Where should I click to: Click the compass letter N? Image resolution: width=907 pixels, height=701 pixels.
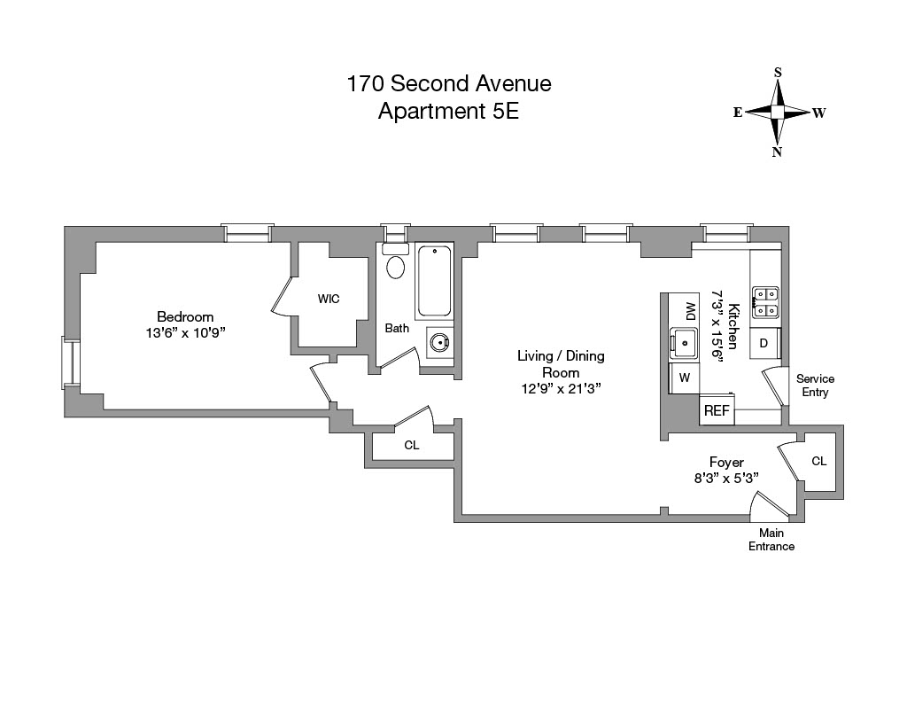tap(777, 152)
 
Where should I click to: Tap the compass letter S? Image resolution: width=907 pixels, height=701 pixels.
tap(778, 73)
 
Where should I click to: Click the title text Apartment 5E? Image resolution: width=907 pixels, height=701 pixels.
tap(448, 112)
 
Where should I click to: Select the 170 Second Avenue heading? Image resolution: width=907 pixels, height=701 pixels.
tap(448, 84)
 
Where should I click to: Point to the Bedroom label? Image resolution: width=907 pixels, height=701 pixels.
tap(185, 317)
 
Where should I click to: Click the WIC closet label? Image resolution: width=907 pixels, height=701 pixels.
tap(329, 299)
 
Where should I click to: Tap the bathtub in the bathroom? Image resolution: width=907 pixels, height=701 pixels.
tap(434, 280)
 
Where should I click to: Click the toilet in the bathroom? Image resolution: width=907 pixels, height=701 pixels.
tap(396, 266)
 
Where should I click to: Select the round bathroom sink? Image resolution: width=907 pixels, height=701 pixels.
tap(438, 341)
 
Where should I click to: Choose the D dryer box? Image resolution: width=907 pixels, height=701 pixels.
tap(764, 343)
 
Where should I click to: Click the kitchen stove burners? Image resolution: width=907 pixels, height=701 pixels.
tap(764, 302)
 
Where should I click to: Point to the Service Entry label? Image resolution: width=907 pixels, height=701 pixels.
tap(815, 386)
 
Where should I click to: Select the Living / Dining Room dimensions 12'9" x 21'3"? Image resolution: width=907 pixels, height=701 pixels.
tap(561, 388)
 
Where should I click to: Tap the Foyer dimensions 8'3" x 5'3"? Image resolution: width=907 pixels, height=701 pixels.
tap(725, 478)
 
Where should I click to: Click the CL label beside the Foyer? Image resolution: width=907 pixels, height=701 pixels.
tap(818, 462)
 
